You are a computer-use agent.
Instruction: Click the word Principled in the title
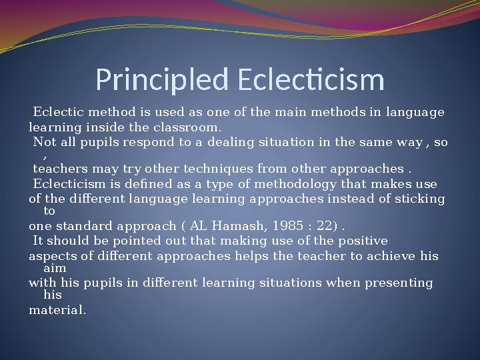coord(162,80)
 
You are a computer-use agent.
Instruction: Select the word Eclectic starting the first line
coord(55,112)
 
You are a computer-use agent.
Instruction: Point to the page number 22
coord(324,225)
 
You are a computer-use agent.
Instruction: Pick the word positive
coord(363,241)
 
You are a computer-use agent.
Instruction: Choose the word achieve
coord(393,256)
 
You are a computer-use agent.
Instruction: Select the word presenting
coord(401,283)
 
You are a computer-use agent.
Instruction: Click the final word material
coord(57,310)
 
